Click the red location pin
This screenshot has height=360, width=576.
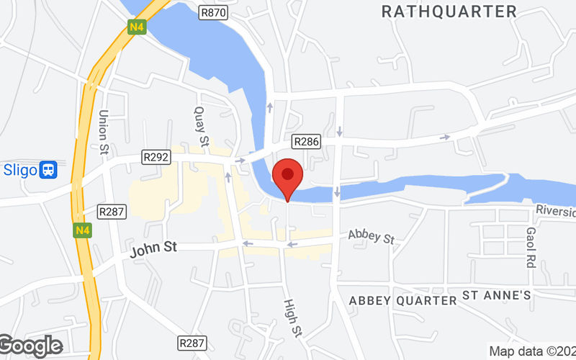click(x=288, y=176)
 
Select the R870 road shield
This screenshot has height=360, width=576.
click(x=213, y=12)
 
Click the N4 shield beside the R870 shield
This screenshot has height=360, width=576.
click(x=137, y=27)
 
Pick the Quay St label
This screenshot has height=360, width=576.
click(x=201, y=127)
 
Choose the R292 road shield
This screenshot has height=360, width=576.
click(x=156, y=157)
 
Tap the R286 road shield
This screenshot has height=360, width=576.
click(x=305, y=142)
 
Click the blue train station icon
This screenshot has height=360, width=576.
click(x=49, y=170)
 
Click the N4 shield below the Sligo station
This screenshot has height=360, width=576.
click(x=79, y=230)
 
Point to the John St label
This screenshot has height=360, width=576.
click(x=153, y=251)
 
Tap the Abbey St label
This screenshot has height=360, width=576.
click(x=371, y=236)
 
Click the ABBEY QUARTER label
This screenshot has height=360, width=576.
click(x=402, y=300)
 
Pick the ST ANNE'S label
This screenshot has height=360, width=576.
click(x=496, y=295)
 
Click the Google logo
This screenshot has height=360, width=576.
click(x=31, y=346)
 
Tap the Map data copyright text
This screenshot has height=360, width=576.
click(x=531, y=351)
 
